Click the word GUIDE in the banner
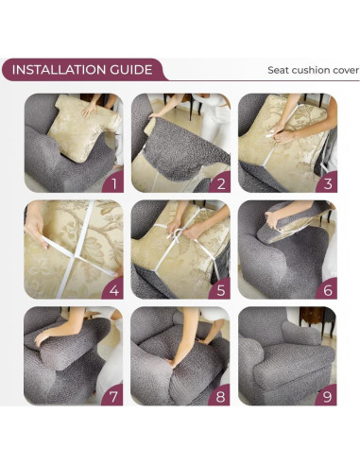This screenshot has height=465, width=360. click(131, 70)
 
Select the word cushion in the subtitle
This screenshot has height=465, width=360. click(312, 70)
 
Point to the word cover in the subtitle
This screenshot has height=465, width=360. click(347, 70)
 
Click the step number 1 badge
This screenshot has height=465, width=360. click(113, 182)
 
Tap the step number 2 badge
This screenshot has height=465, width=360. click(220, 182)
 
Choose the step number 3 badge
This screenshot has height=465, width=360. click(327, 182)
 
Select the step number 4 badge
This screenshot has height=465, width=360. click(113, 289)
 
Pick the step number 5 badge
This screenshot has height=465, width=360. click(220, 289)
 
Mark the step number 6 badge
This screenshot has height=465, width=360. click(327, 289)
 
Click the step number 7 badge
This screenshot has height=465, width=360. click(113, 396)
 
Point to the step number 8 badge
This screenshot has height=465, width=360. click(220, 396)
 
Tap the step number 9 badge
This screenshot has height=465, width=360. click(327, 396)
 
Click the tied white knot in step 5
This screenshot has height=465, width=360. click(178, 234)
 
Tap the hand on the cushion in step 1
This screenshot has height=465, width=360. click(90, 110)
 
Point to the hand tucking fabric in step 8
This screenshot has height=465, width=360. click(172, 362)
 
